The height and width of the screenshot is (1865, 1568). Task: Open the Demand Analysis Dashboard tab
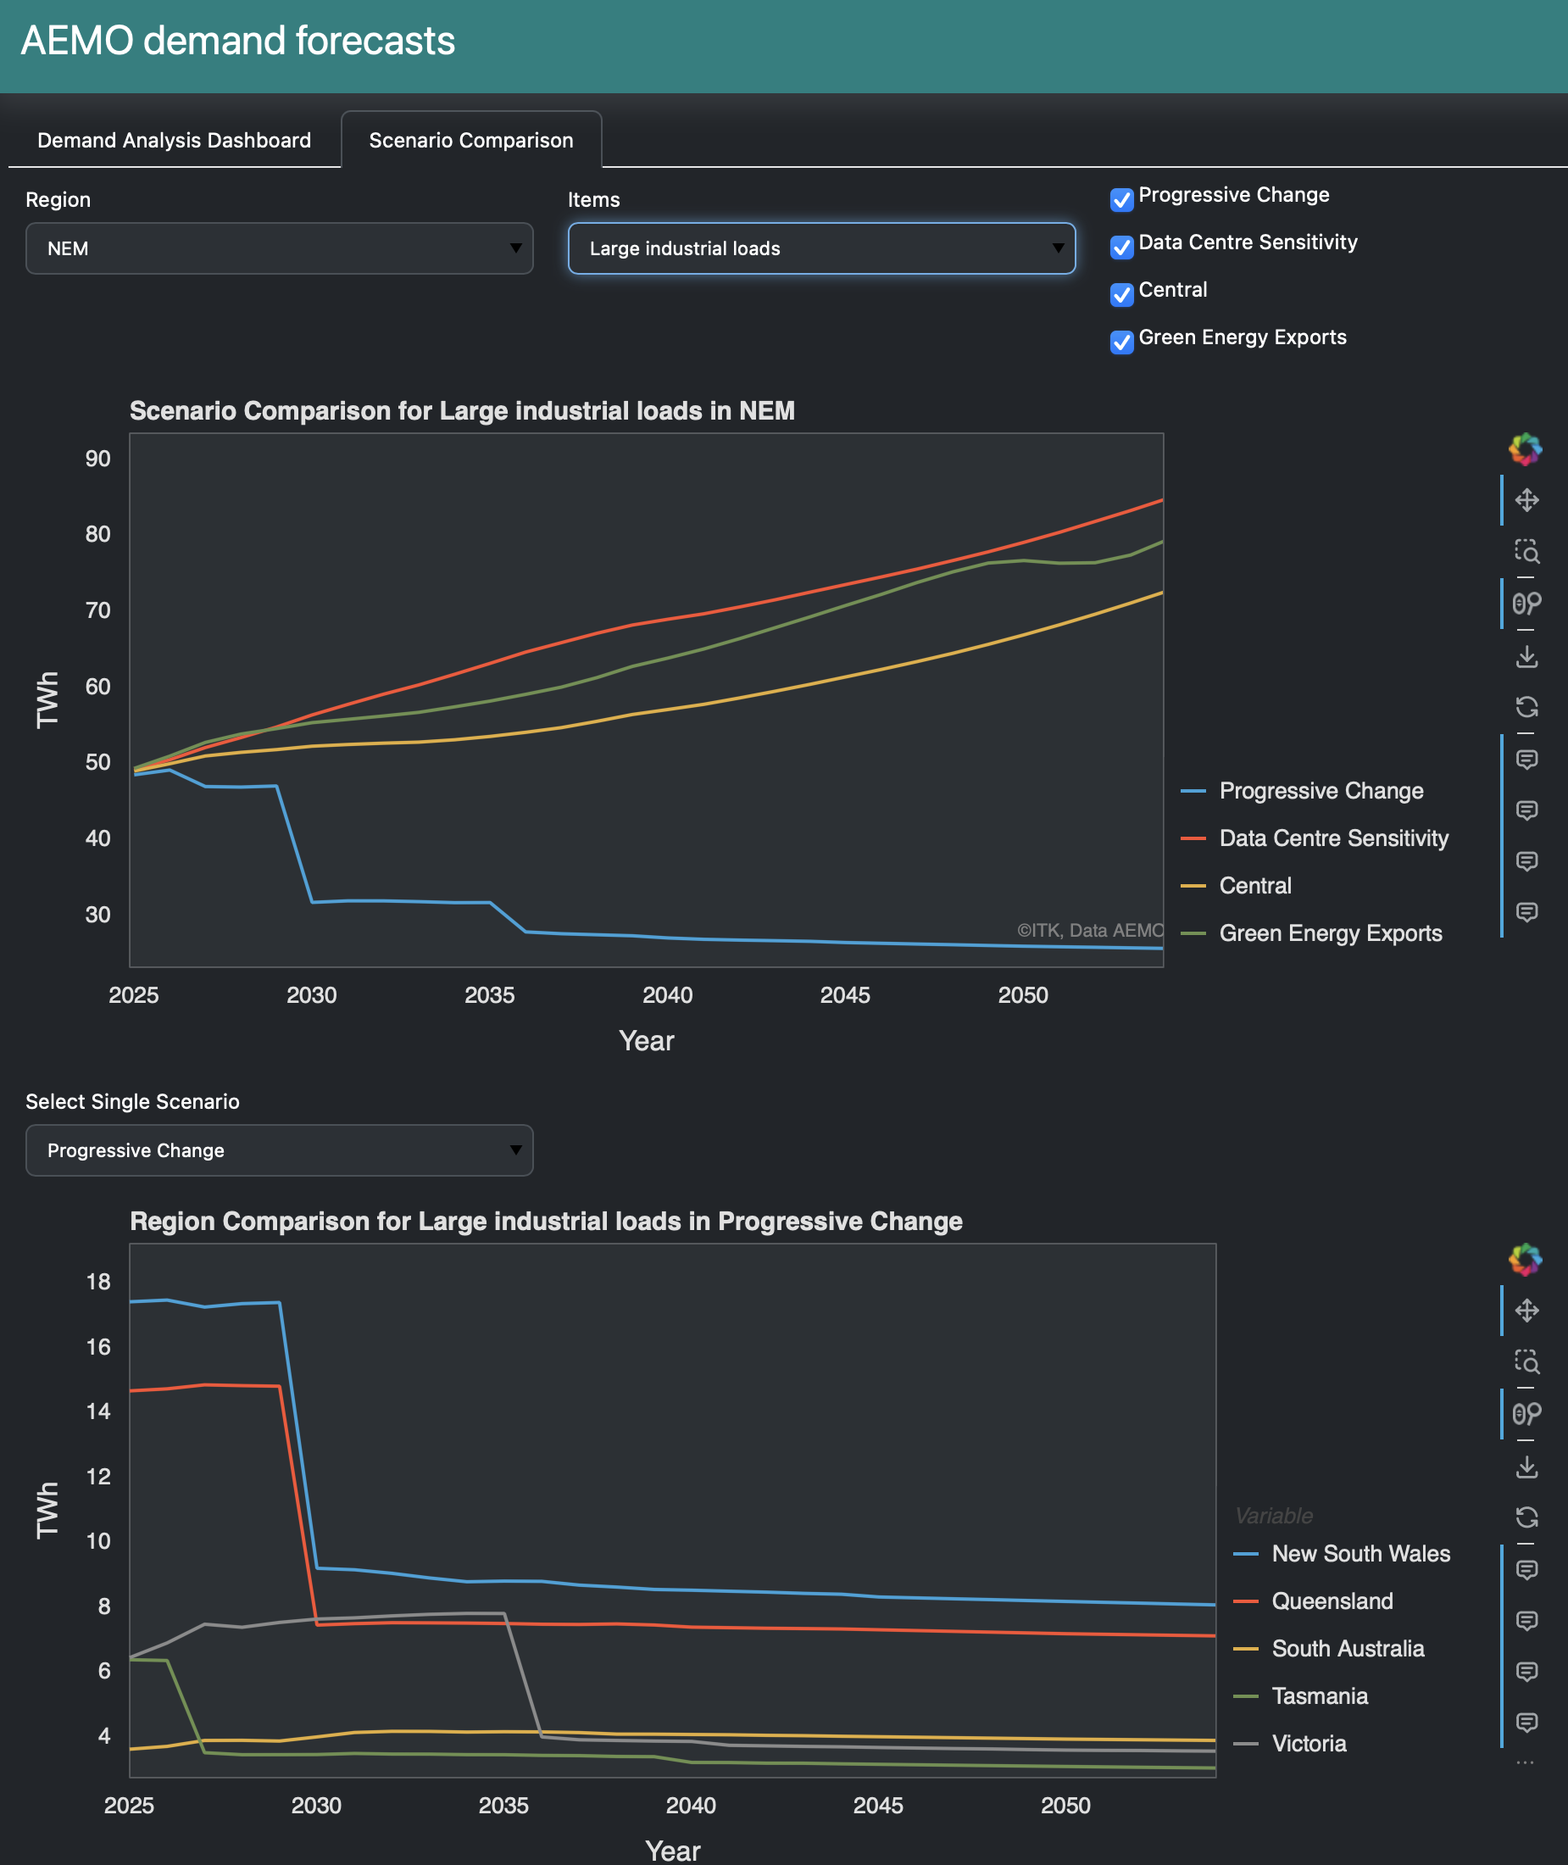point(175,141)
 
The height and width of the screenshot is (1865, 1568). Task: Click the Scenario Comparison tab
point(470,141)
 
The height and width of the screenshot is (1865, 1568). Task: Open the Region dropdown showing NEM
point(279,248)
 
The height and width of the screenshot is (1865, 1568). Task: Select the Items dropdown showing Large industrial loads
point(820,248)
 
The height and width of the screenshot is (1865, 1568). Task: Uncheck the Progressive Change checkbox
point(1122,199)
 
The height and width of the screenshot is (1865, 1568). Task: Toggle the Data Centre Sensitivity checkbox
point(1122,246)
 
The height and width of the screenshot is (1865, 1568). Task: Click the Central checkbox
point(1122,293)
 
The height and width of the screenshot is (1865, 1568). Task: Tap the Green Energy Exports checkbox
point(1122,342)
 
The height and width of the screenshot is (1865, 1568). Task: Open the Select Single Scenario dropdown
point(279,1150)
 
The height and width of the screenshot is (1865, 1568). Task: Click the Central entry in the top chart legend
point(1254,885)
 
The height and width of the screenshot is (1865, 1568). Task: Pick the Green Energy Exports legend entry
point(1330,932)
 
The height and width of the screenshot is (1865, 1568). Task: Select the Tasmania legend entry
point(1319,1695)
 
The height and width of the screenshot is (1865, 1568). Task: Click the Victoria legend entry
point(1309,1742)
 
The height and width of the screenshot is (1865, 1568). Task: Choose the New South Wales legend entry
point(1360,1553)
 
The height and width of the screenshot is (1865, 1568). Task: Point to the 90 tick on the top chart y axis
point(97,459)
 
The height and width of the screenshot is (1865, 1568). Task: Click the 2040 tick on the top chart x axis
point(667,994)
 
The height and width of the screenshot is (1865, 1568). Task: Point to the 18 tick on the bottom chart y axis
point(97,1281)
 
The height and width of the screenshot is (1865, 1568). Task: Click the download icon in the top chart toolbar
point(1526,656)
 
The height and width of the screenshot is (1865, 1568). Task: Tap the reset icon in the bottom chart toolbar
point(1526,1517)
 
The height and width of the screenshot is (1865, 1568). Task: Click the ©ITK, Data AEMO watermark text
point(1090,930)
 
